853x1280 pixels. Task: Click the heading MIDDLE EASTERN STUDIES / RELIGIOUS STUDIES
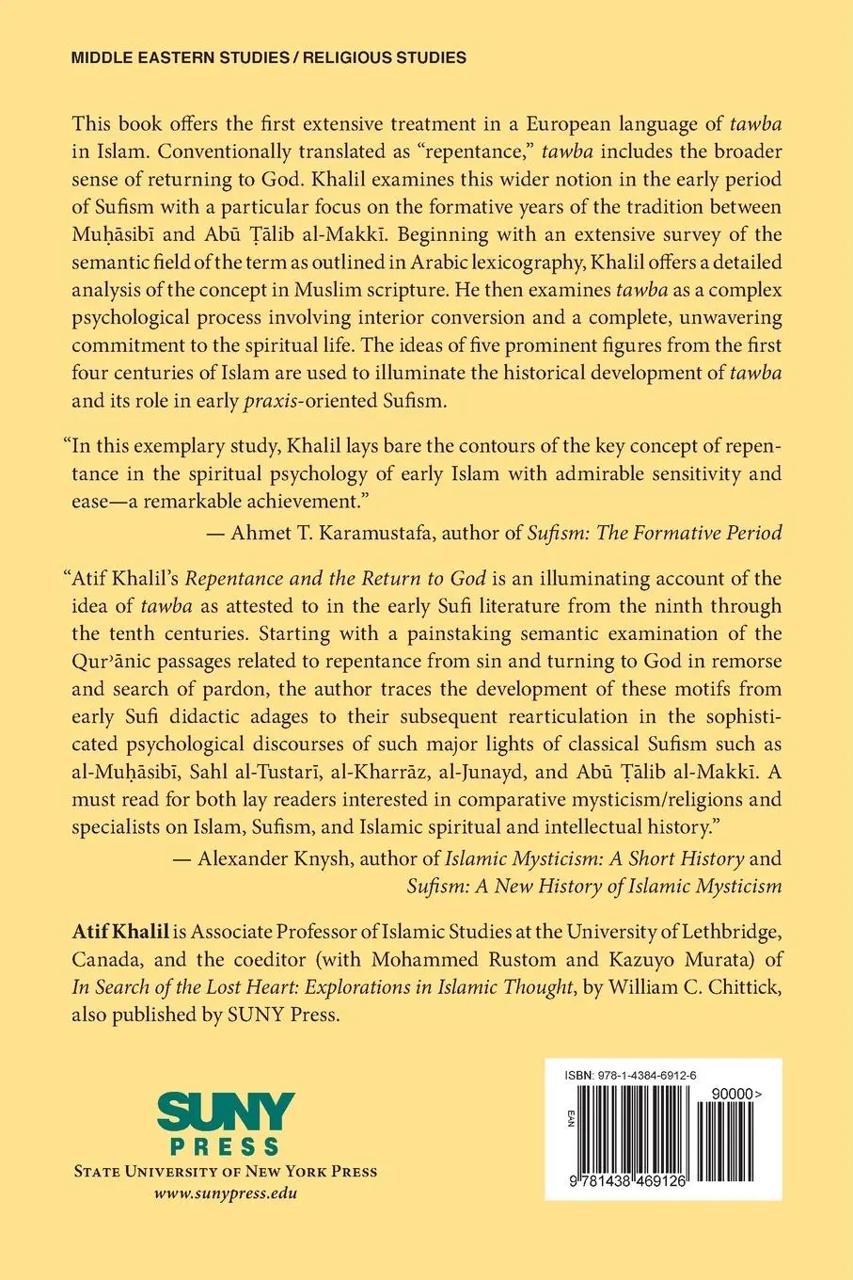point(269,57)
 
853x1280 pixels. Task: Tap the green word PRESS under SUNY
point(227,1146)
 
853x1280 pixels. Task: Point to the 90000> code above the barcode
point(735,1087)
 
